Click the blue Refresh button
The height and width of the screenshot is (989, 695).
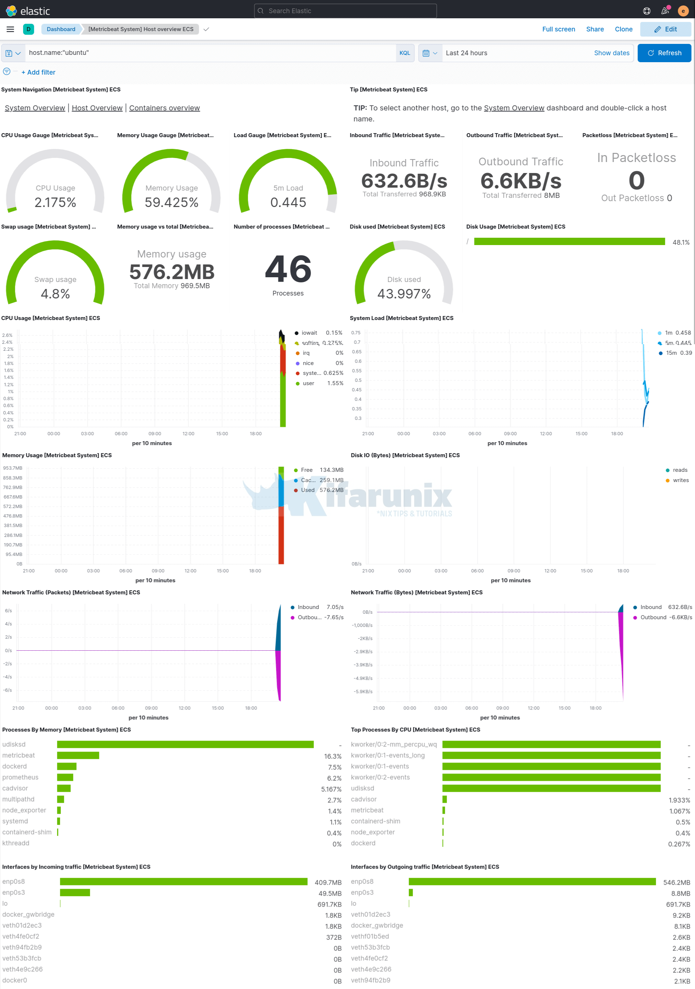pos(664,53)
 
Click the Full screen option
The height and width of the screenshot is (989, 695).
pos(558,29)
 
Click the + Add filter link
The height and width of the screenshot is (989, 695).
pos(38,72)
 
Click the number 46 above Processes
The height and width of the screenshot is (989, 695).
pos(288,269)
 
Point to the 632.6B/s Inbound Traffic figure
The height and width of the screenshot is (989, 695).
pos(404,181)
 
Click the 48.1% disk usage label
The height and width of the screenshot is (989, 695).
pos(680,242)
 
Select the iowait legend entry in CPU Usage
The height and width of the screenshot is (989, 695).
pos(309,333)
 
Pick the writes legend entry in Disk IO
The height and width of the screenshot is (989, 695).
pos(680,480)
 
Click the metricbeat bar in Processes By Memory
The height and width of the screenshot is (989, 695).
pos(78,756)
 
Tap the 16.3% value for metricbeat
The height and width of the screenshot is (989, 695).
pos(332,756)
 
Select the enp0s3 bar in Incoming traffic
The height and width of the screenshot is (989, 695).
pos(75,892)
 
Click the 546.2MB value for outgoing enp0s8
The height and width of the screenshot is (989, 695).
pos(676,882)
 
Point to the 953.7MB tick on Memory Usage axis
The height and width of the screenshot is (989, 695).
pos(12,468)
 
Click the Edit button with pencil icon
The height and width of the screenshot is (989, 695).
pos(665,29)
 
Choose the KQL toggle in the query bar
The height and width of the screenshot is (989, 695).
pos(404,53)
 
